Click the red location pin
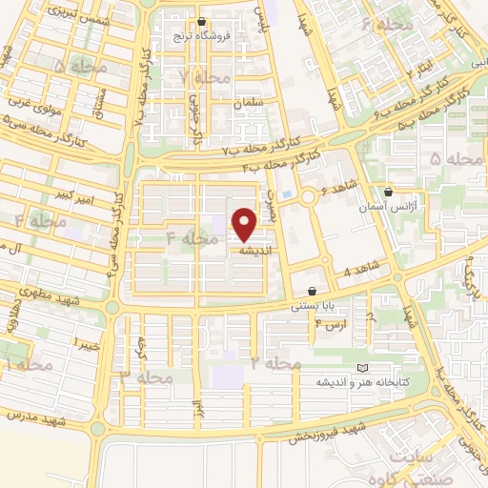[x=245, y=223]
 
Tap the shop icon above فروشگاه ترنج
[x=200, y=21]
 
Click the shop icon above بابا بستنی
[x=312, y=290]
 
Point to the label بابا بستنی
[x=314, y=304]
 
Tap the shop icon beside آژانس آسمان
[x=387, y=192]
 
